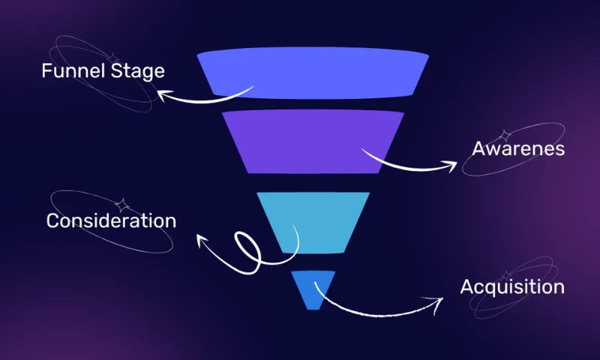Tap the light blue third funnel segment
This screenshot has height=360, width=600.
click(313, 220)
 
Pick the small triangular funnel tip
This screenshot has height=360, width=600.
click(311, 287)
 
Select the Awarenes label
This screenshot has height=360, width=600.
click(517, 148)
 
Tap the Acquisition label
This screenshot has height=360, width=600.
click(512, 287)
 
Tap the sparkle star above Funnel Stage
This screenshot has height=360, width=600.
click(112, 57)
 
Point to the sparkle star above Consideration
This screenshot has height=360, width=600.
click(121, 203)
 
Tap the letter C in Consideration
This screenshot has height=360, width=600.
click(53, 221)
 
